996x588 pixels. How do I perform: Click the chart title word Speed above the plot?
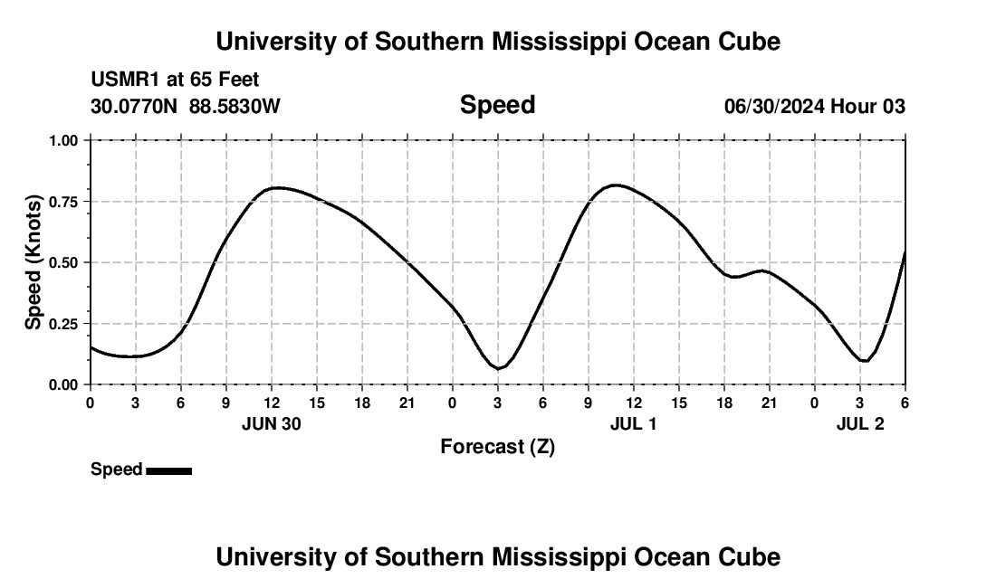pos(497,105)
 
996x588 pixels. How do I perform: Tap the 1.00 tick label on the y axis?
pos(63,141)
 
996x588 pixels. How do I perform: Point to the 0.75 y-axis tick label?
pos(63,202)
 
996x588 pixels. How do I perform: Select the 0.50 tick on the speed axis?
pos(63,263)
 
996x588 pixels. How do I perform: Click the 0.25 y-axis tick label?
pos(63,324)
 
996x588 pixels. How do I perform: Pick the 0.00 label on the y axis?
pos(63,384)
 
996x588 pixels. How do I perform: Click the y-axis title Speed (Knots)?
pos(34,262)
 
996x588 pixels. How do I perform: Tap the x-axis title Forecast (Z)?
pos(497,446)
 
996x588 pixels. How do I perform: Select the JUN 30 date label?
pos(271,424)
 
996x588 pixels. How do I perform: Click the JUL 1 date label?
pos(633,424)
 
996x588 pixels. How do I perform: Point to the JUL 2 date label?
pos(859,424)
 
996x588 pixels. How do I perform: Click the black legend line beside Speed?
pos(168,470)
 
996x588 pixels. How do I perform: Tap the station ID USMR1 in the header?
pos(123,81)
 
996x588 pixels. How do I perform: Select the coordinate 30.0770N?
pos(135,107)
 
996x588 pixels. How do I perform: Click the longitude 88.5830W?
pos(235,107)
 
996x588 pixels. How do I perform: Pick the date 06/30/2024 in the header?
pos(774,107)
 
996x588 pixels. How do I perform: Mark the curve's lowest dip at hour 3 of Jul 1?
pos(498,368)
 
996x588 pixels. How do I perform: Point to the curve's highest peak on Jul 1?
pos(615,185)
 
